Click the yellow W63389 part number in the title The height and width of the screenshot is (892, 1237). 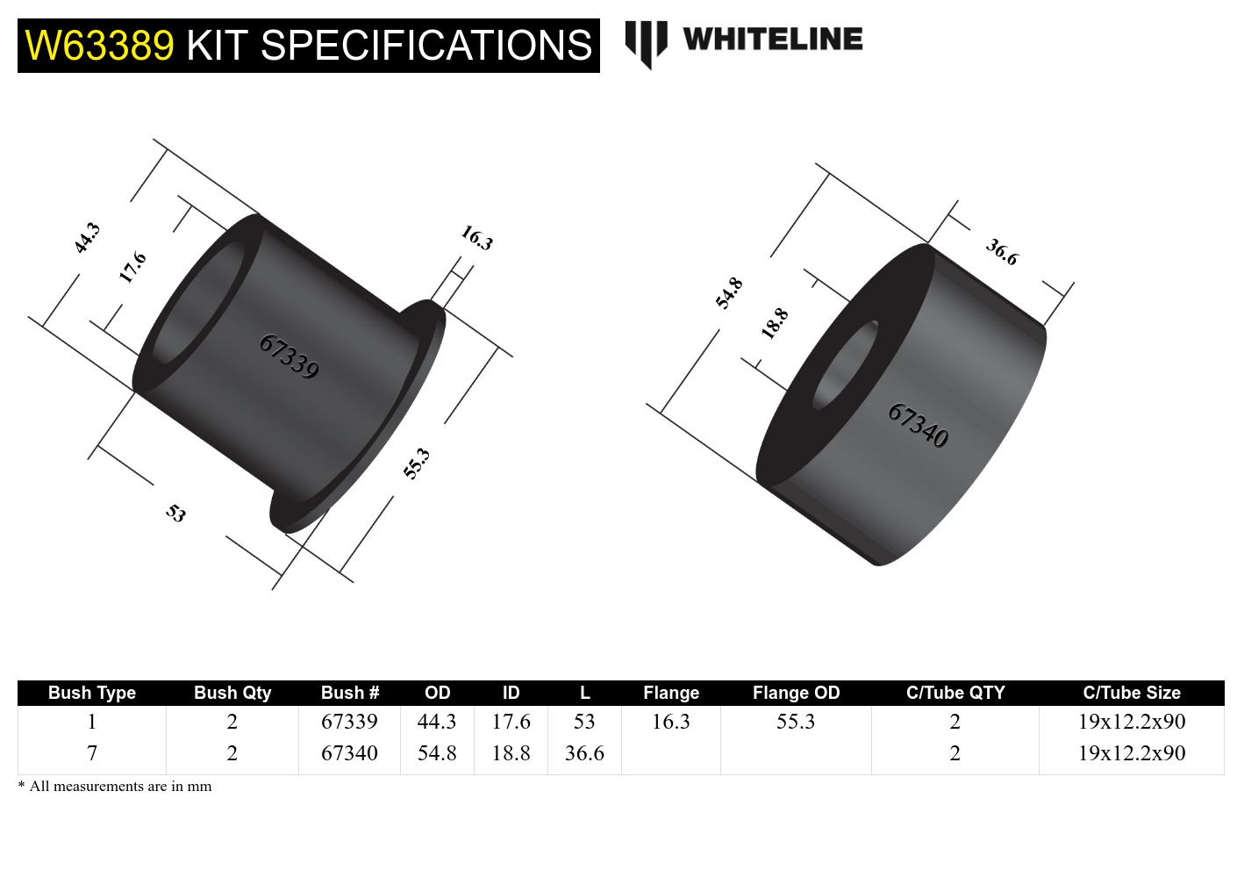tap(100, 46)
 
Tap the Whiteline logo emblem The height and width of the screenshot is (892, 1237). tap(646, 43)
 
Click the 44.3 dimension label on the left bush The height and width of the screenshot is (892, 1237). tap(88, 238)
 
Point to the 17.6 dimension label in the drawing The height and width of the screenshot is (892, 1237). tap(132, 267)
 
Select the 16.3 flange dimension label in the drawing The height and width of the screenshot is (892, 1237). tap(477, 238)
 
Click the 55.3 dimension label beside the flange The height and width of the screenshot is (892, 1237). tap(417, 464)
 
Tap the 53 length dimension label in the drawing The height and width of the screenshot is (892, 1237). tap(176, 513)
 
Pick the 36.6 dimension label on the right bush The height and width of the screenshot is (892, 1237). tap(1002, 252)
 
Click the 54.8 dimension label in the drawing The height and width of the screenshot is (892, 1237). tap(729, 293)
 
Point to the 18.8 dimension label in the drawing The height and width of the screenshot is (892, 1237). tap(775, 323)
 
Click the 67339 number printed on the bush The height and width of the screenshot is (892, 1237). tap(289, 356)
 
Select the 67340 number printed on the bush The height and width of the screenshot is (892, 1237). tap(918, 425)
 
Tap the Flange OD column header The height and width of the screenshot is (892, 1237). tap(796, 693)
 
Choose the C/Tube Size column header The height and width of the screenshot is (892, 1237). tap(1131, 693)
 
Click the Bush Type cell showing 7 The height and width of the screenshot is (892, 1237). tap(92, 753)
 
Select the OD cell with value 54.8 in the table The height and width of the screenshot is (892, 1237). tap(437, 753)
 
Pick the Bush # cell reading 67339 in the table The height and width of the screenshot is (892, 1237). tap(349, 722)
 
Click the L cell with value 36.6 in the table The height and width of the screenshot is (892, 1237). tap(584, 753)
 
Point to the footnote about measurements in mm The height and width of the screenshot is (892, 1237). tap(115, 787)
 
